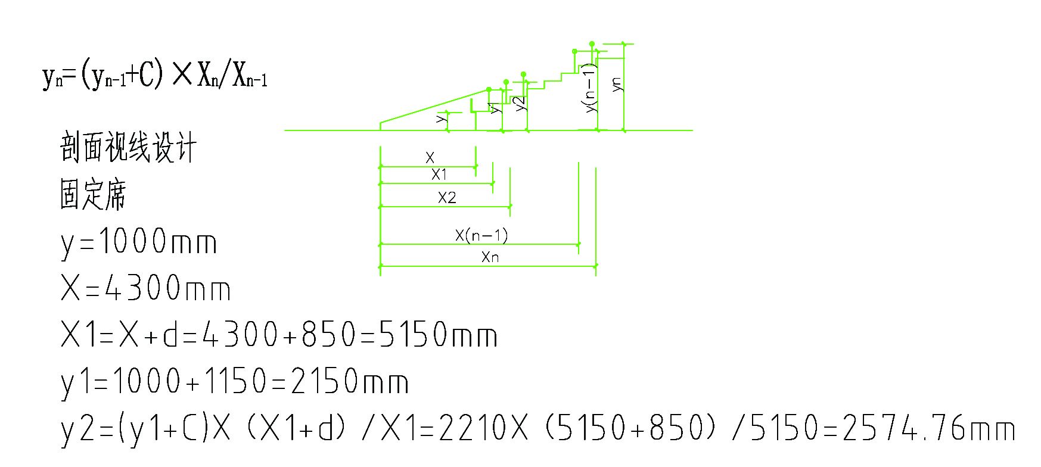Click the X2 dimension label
[x=447, y=198]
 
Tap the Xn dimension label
[x=490, y=257]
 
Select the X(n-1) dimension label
[x=481, y=235]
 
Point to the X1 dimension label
[x=439, y=175]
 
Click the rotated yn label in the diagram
[x=617, y=84]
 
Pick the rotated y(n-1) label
[x=590, y=88]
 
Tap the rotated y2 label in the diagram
[x=520, y=103]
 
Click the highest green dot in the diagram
[x=592, y=43]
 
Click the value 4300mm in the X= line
[x=167, y=289]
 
